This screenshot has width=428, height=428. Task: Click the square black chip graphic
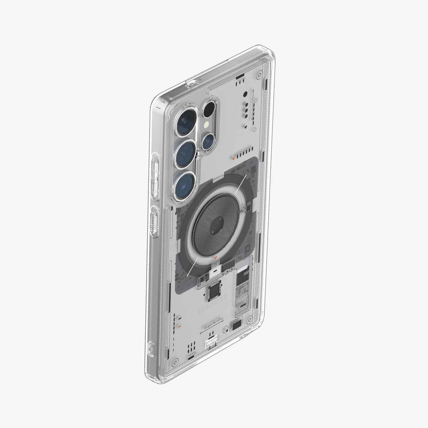click(214, 290)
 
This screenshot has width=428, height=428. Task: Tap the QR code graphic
click(244, 290)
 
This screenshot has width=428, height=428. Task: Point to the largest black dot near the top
click(245, 94)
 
